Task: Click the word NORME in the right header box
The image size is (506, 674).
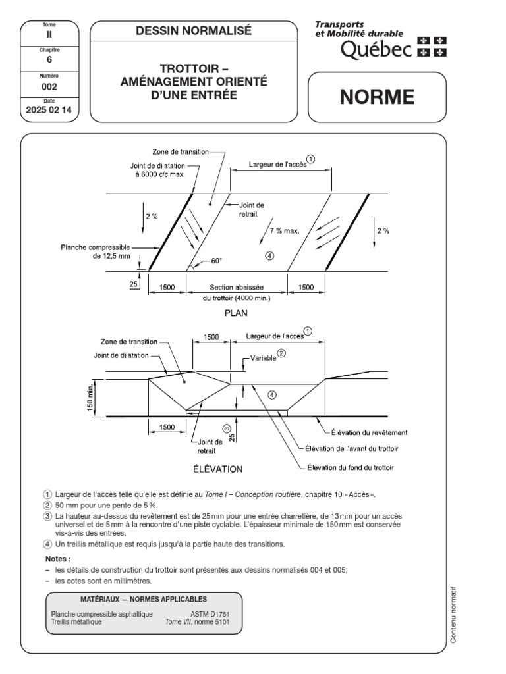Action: coord(377,97)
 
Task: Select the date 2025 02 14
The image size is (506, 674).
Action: coord(50,111)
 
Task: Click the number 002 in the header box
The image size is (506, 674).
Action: coord(49,86)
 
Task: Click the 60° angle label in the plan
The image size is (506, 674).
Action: coord(216,261)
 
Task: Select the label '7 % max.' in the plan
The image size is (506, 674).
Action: coord(285,231)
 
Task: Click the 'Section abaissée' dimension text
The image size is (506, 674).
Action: coord(237,288)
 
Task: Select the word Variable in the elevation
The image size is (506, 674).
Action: coord(262,359)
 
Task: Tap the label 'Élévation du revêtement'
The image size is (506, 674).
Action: coord(369,432)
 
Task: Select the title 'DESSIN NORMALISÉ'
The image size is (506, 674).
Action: coord(194,30)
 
